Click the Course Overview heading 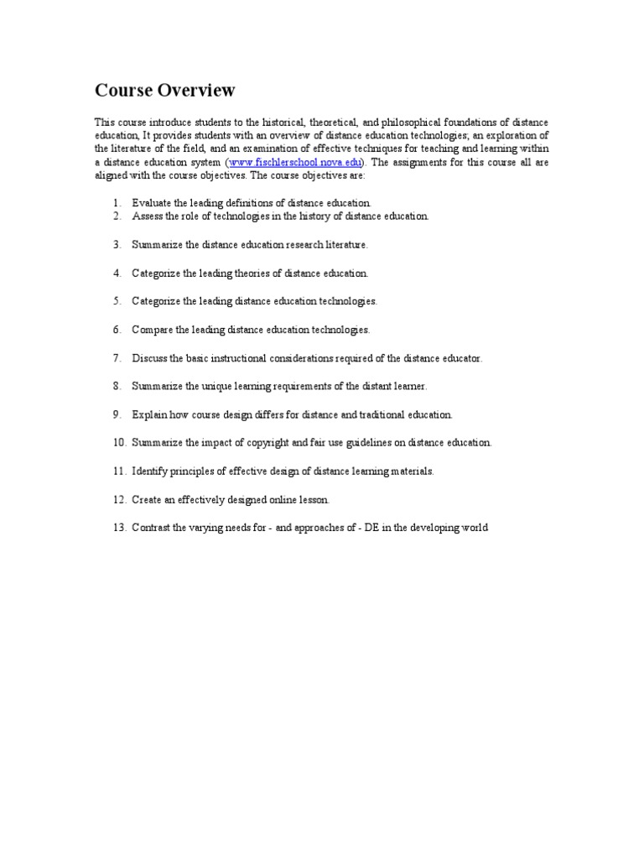(165, 91)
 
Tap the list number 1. (117, 203)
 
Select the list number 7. (117, 358)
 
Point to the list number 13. (118, 528)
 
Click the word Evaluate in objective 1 (152, 203)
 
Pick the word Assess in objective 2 (147, 216)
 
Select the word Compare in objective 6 (153, 330)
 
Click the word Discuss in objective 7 (149, 358)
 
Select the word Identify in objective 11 (151, 471)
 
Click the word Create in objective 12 (147, 500)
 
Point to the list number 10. (118, 443)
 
